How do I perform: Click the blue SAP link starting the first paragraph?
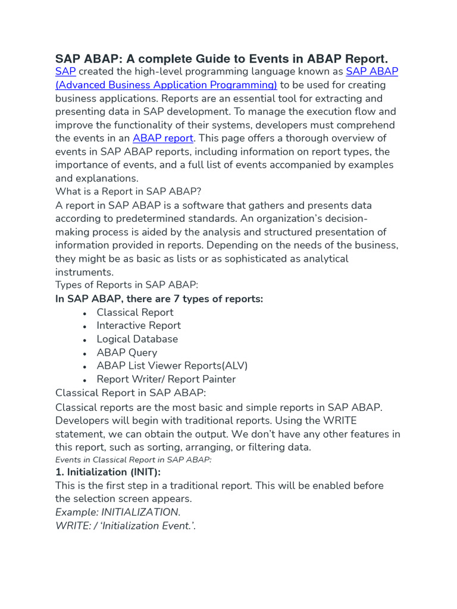tap(65, 72)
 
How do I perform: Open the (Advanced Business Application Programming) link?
tap(166, 85)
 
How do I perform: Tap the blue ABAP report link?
tap(162, 138)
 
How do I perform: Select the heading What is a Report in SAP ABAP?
tap(129, 192)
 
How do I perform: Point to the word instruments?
tap(84, 272)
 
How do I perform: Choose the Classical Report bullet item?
tap(135, 312)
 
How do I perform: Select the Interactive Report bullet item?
tap(139, 325)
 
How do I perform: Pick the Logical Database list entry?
tap(137, 339)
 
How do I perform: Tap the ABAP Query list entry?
tap(127, 352)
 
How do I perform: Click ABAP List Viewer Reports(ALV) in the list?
tap(172, 366)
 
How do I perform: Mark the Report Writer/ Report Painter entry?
tap(166, 379)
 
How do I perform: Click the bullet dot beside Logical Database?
tap(85, 340)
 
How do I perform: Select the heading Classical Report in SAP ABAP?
tap(131, 393)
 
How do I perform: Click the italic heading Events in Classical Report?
tap(133, 460)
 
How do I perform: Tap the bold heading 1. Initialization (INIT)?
tap(108, 472)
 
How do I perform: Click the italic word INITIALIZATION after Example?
tap(140, 512)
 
